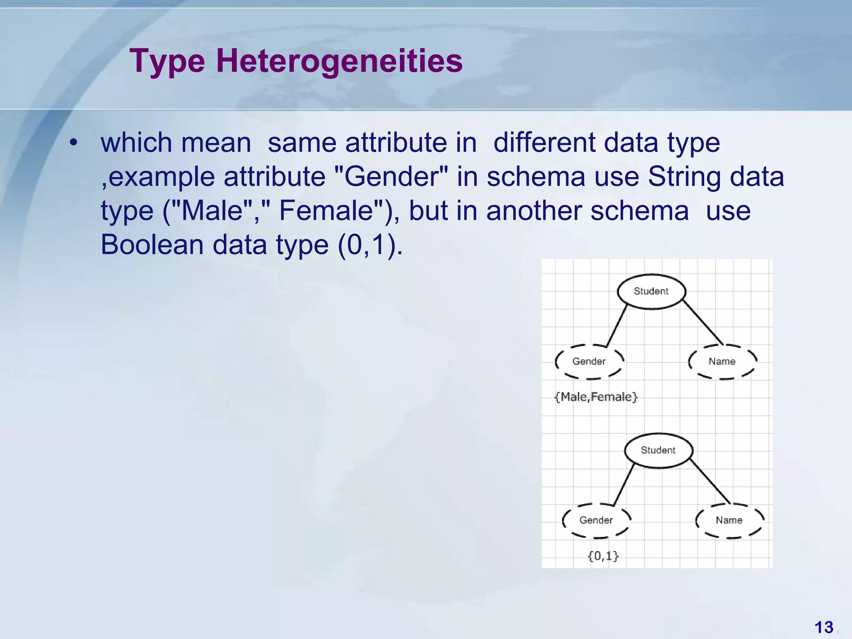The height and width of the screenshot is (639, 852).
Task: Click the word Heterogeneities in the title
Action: coord(339,61)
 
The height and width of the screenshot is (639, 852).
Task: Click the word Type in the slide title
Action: coord(167,61)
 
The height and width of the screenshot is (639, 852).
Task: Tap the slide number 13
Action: coord(823,627)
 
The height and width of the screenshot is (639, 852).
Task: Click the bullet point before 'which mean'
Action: coord(74,143)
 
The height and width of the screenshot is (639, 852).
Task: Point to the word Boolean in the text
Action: coord(152,245)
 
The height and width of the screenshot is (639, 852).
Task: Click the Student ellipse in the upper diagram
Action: coord(651,291)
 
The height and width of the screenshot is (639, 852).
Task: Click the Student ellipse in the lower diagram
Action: coord(658,450)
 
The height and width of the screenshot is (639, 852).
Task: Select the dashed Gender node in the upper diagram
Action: coord(589,362)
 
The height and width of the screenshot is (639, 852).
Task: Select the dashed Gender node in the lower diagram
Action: coord(596,520)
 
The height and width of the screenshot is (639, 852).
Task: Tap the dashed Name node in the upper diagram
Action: coord(722,362)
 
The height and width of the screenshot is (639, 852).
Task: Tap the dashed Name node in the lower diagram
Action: coord(729,520)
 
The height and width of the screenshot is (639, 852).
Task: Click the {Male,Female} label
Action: coord(596,397)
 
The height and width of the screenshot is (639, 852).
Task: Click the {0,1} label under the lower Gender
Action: coord(603,556)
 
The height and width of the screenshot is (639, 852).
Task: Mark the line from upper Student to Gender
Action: coord(617,326)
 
